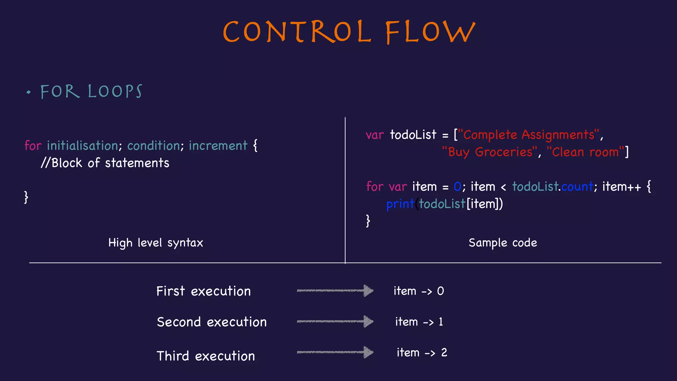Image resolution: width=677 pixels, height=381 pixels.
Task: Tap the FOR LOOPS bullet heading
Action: [x=91, y=92]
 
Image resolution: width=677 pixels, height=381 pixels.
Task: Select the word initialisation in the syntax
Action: [x=82, y=146]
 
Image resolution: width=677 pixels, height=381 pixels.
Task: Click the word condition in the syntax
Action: [x=153, y=146]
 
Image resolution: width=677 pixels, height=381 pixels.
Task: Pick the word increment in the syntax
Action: [x=218, y=146]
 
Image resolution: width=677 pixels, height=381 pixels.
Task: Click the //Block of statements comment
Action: [x=105, y=163]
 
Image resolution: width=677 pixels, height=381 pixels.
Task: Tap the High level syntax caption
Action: [x=155, y=243]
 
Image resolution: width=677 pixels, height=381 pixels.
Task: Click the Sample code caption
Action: [x=502, y=243]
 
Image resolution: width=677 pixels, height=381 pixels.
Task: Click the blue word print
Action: [x=400, y=204]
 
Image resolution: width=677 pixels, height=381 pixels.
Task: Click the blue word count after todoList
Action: [x=577, y=187]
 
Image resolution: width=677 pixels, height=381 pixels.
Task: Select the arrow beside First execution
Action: [x=335, y=291]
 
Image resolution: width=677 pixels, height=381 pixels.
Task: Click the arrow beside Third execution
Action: [x=335, y=352]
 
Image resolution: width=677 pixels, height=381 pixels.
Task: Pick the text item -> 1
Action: [x=419, y=322]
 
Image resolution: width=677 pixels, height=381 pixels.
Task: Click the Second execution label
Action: [x=212, y=322]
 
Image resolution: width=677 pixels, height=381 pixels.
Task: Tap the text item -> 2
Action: [x=421, y=353]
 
